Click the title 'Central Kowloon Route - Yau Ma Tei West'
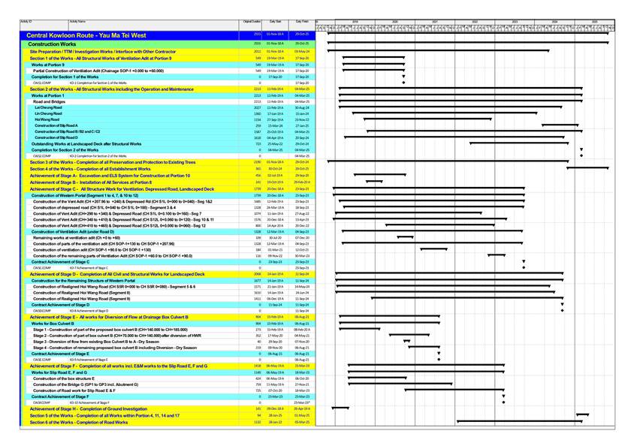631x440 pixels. [x=86, y=35]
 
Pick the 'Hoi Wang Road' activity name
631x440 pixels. [x=47, y=119]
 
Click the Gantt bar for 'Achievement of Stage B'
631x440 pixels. [x=374, y=182]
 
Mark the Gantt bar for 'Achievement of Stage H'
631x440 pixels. [x=340, y=408]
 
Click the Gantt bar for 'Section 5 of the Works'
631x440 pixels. [x=582, y=414]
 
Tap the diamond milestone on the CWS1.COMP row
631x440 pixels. [x=403, y=83]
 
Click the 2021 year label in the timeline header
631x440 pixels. [x=435, y=23]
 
